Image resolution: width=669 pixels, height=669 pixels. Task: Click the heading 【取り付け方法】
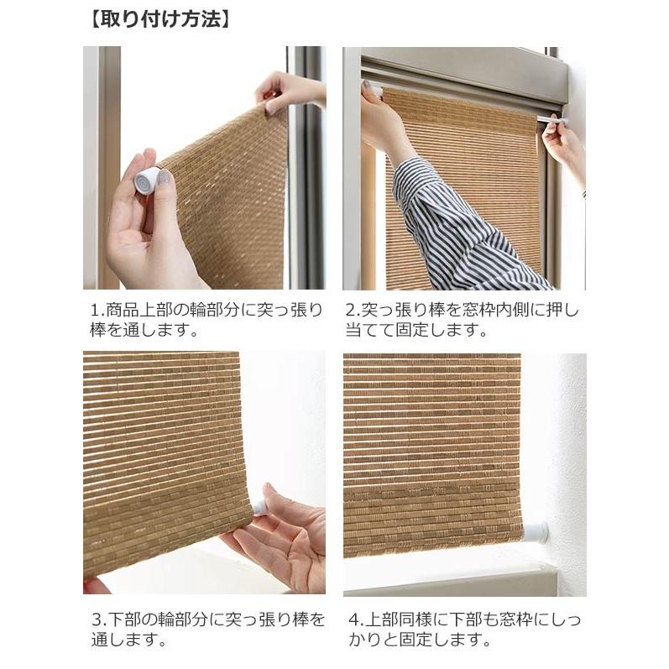159,19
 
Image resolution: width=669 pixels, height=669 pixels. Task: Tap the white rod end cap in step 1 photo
147,180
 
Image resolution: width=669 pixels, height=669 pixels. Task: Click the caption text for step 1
206,320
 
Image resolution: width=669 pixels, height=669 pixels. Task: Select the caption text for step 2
463,320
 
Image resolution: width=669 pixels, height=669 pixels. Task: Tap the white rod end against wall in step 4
535,531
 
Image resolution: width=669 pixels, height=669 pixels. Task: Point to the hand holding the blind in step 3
285,537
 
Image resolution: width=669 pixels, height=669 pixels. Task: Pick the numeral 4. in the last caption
354,620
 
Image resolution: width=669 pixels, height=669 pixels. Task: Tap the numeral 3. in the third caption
97,620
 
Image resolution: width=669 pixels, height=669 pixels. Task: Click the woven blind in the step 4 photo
428,453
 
